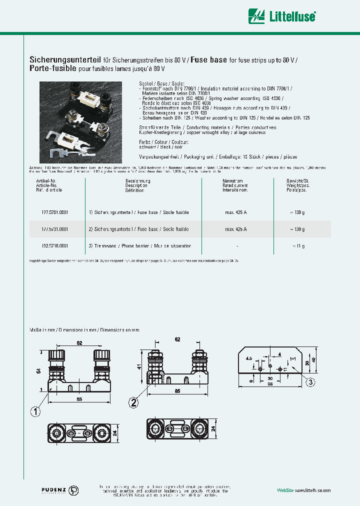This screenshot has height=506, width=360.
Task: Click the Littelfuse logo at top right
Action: (283, 16)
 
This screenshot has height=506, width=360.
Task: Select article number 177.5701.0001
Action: (52, 212)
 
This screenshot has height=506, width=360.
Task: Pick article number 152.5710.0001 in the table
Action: (52, 246)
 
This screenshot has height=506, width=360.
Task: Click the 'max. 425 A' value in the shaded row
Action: (235, 229)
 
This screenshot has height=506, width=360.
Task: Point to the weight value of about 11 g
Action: (298, 246)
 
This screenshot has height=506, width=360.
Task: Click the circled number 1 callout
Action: (35, 412)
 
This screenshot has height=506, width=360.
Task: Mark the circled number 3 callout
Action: (310, 382)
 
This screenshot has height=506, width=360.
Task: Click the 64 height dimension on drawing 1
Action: (38, 370)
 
